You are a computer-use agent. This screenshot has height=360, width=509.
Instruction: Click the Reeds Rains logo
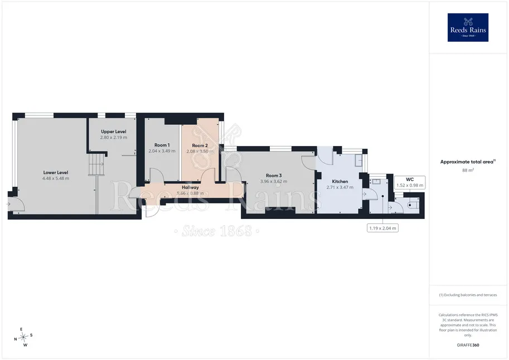pyautogui.click(x=468, y=27)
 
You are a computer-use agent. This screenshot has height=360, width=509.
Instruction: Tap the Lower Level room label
pyautogui.click(x=56, y=172)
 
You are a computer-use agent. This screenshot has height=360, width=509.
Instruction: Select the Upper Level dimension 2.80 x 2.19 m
pyautogui.click(x=114, y=137)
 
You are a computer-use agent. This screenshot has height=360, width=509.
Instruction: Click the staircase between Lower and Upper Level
pyautogui.click(x=96, y=164)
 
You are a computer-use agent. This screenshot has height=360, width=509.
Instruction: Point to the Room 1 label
pyautogui.click(x=162, y=145)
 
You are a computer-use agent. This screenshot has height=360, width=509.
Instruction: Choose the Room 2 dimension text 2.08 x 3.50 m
pyautogui.click(x=200, y=151)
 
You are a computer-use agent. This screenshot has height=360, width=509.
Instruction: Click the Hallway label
pyautogui.click(x=190, y=187)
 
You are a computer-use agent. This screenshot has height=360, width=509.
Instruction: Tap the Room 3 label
pyautogui.click(x=274, y=176)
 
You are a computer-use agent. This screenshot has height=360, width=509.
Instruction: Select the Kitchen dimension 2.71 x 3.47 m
pyautogui.click(x=340, y=187)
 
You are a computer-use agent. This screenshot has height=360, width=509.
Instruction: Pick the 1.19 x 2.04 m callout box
pyautogui.click(x=382, y=228)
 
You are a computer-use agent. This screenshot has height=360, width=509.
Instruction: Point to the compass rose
pyautogui.click(x=23, y=337)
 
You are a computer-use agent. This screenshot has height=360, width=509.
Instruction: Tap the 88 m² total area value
pyautogui.click(x=468, y=170)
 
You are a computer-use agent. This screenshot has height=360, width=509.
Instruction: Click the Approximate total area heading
pyautogui.click(x=467, y=162)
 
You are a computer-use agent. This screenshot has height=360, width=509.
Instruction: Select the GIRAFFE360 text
pyautogui.click(x=468, y=345)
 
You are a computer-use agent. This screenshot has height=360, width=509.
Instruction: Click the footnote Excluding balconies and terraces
pyautogui.click(x=468, y=295)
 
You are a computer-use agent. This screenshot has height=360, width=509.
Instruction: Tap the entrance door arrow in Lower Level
pyautogui.click(x=8, y=204)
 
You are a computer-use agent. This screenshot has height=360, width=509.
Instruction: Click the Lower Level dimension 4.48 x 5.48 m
pyautogui.click(x=56, y=178)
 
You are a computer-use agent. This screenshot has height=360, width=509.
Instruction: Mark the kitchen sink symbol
pyautogui.click(x=358, y=160)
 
